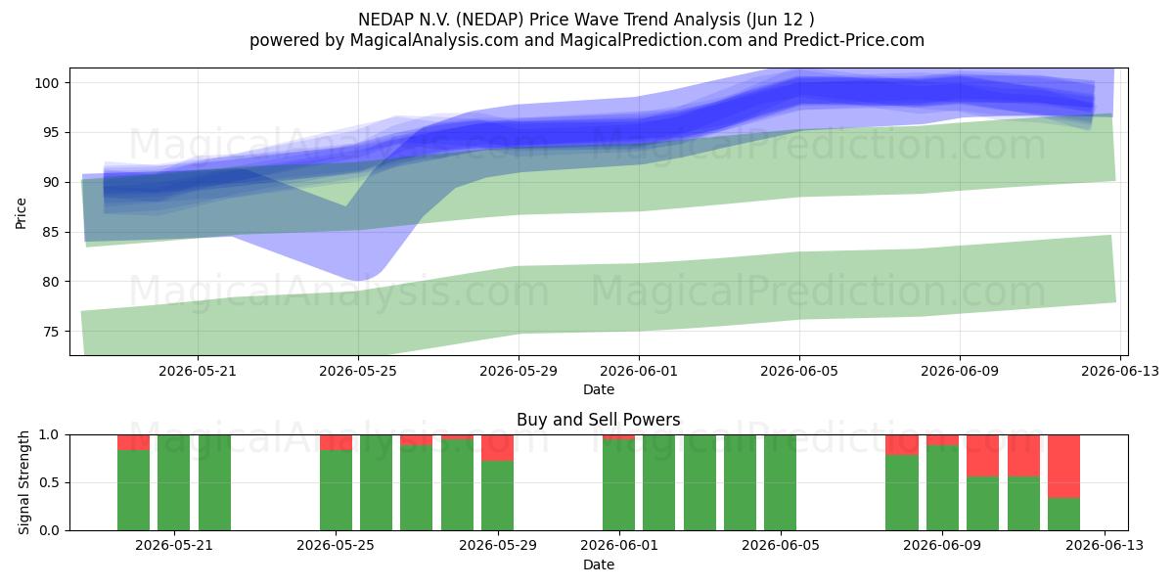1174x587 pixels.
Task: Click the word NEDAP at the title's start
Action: pos(381,20)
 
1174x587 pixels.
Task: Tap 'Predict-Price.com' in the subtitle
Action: pos(854,40)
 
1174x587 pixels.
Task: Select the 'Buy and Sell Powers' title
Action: pos(599,420)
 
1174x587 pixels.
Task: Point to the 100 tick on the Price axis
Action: pos(47,83)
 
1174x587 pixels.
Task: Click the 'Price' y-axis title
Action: pos(21,213)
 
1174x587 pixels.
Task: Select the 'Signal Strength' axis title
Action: pos(23,482)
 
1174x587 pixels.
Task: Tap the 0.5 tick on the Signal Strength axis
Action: pos(50,482)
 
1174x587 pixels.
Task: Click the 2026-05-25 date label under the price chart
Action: pos(358,371)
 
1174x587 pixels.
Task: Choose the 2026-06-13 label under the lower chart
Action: pos(1105,546)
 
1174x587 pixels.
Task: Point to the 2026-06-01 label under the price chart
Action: pos(639,371)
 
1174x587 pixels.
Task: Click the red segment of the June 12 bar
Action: pos(1064,467)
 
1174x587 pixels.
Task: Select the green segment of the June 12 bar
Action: pos(1064,515)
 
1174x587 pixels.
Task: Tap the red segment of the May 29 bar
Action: pos(497,448)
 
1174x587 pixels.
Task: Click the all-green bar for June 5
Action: pos(780,482)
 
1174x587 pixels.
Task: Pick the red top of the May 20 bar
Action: pos(133,442)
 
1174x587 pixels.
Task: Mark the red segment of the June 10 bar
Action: pos(982,456)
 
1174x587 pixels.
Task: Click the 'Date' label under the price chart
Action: pos(599,389)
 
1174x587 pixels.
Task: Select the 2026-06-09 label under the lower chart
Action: pos(942,546)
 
